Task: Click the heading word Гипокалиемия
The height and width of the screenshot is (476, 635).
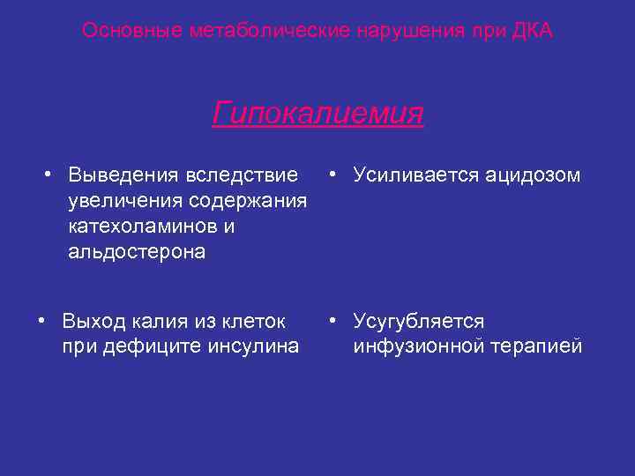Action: pyautogui.click(x=317, y=114)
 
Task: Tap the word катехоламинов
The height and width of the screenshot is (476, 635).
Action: pyautogui.click(x=142, y=227)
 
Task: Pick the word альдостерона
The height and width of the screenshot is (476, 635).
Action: pyautogui.click(x=137, y=252)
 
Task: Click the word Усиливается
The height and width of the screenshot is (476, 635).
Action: pyautogui.click(x=415, y=175)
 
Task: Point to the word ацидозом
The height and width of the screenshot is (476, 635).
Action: pyautogui.click(x=533, y=175)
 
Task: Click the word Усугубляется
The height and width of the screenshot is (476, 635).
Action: pyautogui.click(x=419, y=321)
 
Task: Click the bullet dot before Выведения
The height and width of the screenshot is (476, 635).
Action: pyautogui.click(x=52, y=173)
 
